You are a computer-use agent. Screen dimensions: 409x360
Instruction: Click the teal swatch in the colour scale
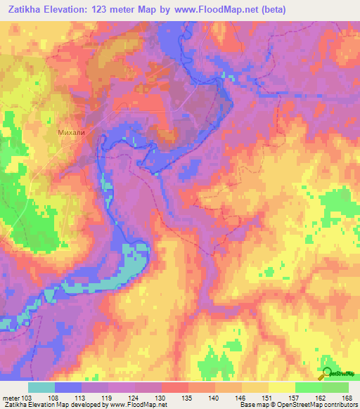tap(41, 387)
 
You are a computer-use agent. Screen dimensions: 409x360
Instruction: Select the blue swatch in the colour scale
tap(68, 387)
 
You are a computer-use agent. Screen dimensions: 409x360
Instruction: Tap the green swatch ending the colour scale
tap(335, 387)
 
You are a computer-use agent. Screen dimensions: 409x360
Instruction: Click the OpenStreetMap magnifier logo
tap(327, 374)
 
